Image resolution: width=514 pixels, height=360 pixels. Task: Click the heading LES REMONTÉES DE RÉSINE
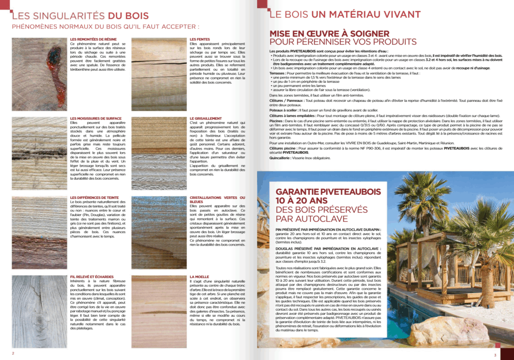pyautogui.click(x=94, y=39)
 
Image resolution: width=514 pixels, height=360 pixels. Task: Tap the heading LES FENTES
pyautogui.click(x=200, y=39)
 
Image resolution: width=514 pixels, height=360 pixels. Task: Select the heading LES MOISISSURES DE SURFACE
pyautogui.click(x=96, y=118)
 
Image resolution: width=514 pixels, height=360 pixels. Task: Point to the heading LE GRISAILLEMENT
pyautogui.click(x=206, y=118)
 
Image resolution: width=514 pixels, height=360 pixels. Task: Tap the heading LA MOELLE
pyautogui.click(x=199, y=277)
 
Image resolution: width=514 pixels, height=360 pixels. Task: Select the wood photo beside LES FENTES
pyautogui.click(x=159, y=74)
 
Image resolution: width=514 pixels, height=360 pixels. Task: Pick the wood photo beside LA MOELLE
pyautogui.click(x=159, y=311)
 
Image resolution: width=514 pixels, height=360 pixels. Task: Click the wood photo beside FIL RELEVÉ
pyautogui.click(x=39, y=311)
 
